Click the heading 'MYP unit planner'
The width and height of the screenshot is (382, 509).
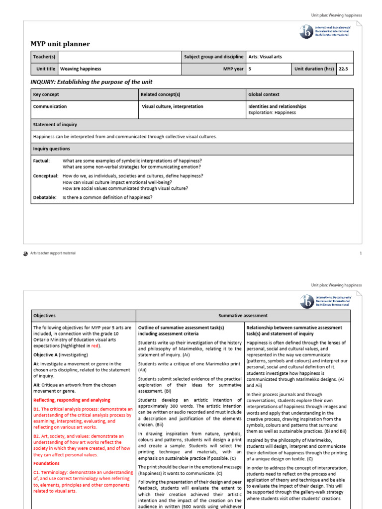pyautogui.click(x=60, y=44)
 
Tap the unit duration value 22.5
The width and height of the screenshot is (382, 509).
pyautogui.click(x=344, y=69)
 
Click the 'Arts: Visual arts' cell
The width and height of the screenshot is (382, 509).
pyautogui.click(x=265, y=57)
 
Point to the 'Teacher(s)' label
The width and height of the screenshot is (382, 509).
pyautogui.click(x=44, y=57)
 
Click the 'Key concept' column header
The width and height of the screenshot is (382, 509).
pyautogui.click(x=46, y=94)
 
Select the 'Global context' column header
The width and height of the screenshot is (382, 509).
pyautogui.click(x=264, y=94)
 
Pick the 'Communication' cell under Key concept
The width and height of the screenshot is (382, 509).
pyautogui.click(x=50, y=106)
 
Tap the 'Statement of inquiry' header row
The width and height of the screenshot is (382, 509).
pyautogui.click(x=55, y=125)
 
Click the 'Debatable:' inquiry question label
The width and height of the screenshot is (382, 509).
pyautogui.click(x=45, y=197)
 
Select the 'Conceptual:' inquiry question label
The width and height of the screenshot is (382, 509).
pyautogui.click(x=46, y=176)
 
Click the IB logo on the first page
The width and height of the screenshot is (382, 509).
pyautogui.click(x=307, y=31)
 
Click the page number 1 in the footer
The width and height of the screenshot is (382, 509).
pyautogui.click(x=360, y=253)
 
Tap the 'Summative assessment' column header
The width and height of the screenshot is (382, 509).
pyautogui.click(x=243, y=316)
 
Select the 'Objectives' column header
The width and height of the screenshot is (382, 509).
pyautogui.click(x=44, y=316)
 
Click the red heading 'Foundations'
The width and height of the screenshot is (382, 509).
pyautogui.click(x=46, y=463)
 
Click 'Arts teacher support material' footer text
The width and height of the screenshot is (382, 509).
pyautogui.click(x=53, y=253)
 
